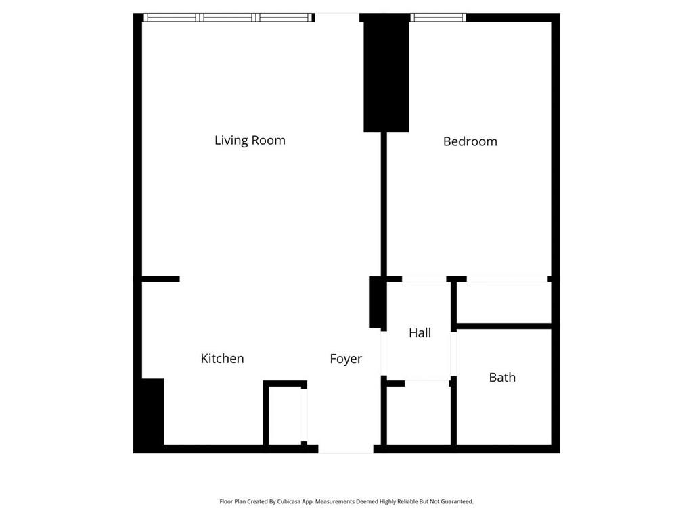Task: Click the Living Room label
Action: [x=250, y=141]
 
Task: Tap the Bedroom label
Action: [x=470, y=141]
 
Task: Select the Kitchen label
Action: [x=222, y=359]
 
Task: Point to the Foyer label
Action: [x=346, y=359]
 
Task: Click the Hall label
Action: [x=420, y=332]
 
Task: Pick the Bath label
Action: [x=502, y=378]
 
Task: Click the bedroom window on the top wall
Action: [x=438, y=18]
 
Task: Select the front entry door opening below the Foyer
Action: [x=346, y=449]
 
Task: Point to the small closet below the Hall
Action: [x=418, y=414]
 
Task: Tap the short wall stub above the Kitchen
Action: [x=161, y=278]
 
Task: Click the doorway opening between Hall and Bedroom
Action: [x=424, y=278]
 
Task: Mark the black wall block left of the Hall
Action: [x=376, y=302]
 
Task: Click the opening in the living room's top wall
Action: [x=337, y=18]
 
